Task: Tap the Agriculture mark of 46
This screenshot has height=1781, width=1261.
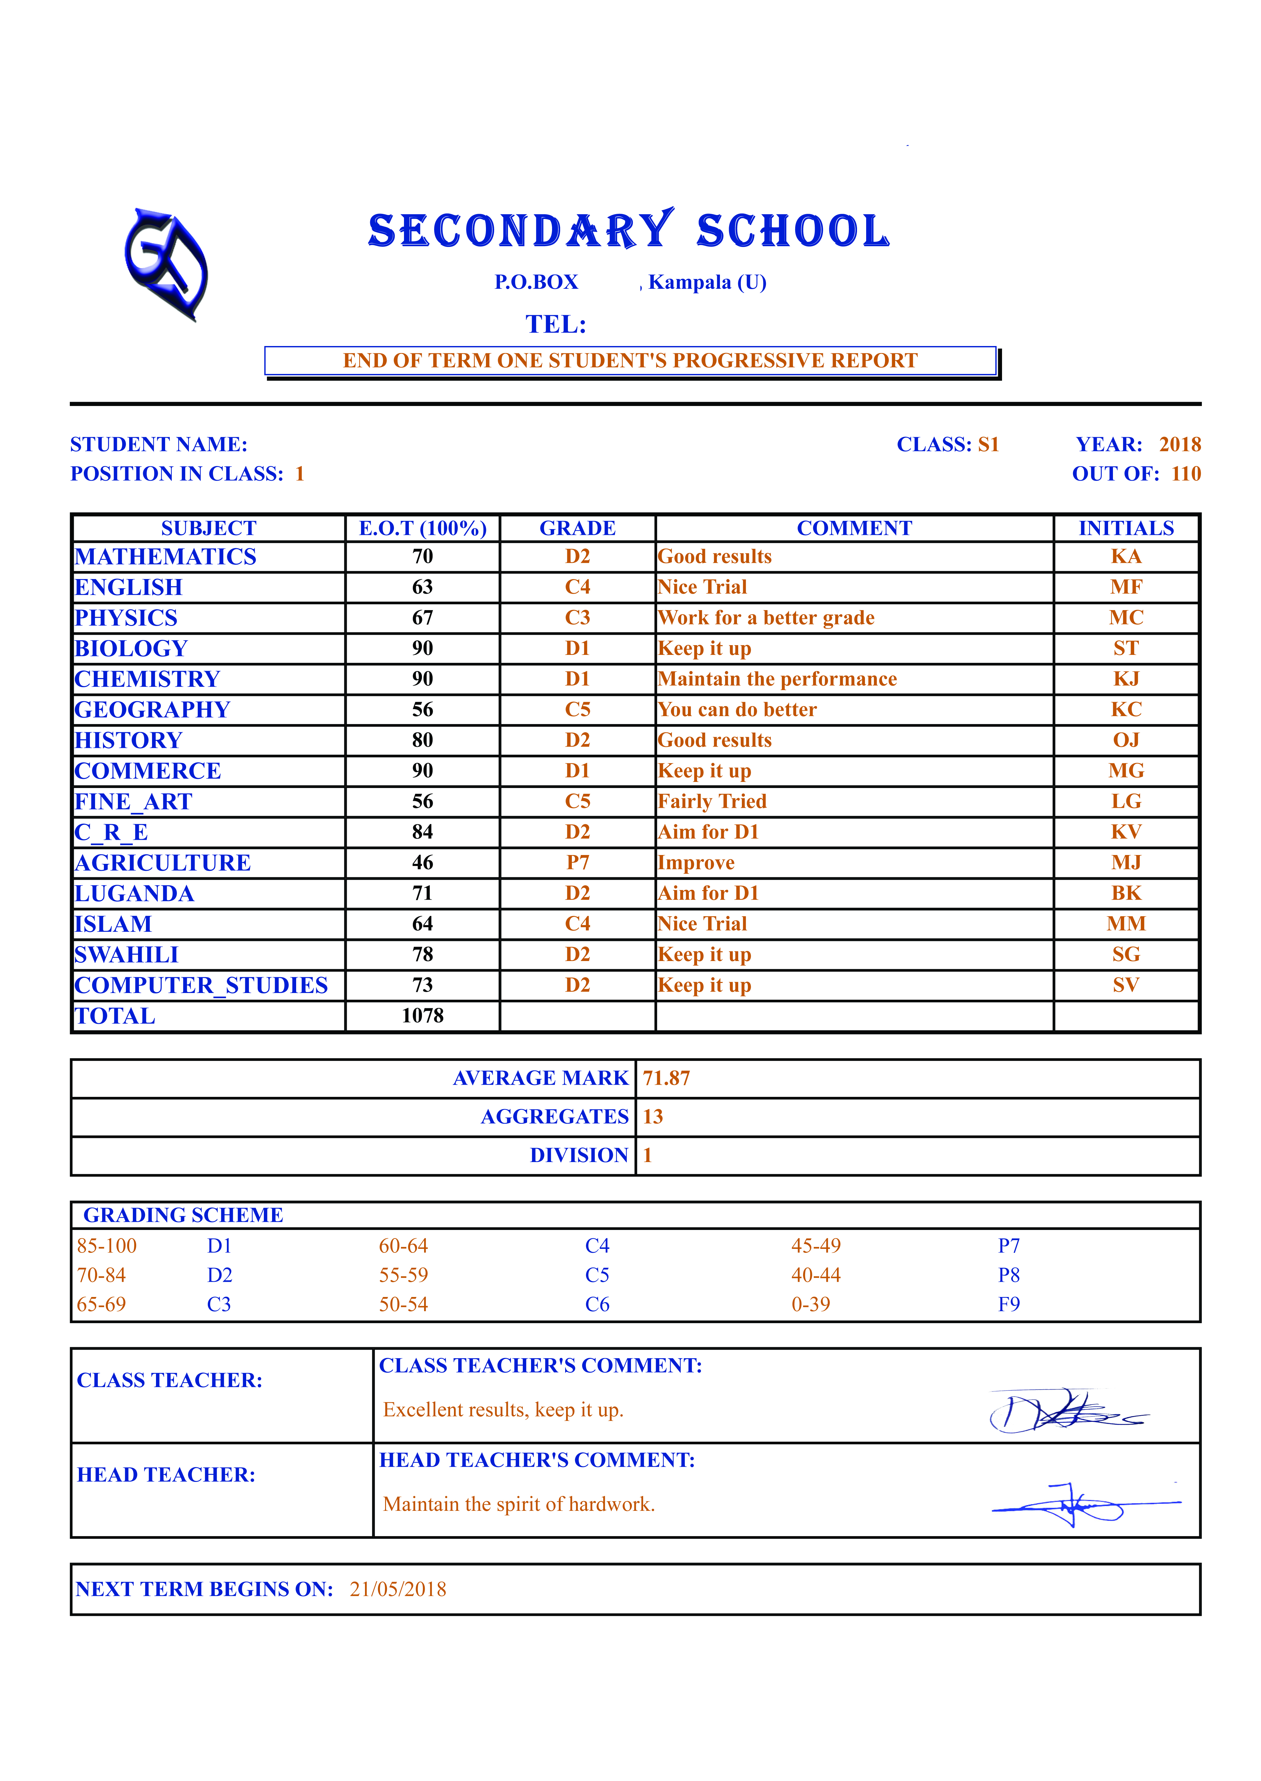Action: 422,863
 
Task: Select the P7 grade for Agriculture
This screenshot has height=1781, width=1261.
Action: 578,863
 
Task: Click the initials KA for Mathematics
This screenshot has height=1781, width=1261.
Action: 1126,557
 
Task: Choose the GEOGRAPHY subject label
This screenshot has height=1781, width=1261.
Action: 152,710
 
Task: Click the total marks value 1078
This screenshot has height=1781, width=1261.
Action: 422,1016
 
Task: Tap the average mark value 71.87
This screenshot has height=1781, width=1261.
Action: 666,1078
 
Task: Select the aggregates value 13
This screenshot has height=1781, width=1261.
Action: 653,1116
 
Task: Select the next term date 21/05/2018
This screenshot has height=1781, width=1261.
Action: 398,1589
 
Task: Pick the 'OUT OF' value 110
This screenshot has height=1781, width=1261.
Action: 1186,474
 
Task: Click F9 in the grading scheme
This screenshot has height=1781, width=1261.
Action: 1009,1304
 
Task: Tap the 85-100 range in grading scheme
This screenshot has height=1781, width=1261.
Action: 106,1246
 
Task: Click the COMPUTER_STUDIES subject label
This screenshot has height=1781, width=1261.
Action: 201,985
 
